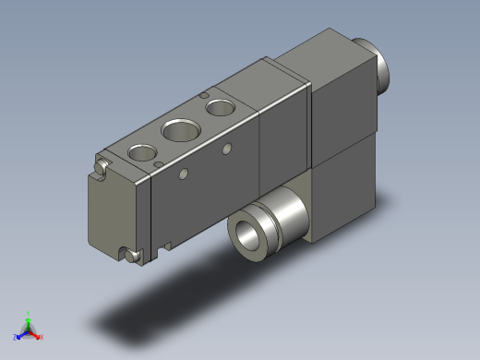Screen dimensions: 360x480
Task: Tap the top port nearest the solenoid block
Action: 221,107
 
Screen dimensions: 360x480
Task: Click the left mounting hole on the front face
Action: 183,173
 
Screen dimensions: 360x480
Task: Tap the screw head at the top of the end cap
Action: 102,167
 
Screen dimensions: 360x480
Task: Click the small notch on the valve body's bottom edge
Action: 167,244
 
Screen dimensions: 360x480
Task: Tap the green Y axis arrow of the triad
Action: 29,318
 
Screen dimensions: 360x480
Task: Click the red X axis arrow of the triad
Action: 36,334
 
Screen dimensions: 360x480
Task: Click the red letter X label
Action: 42,338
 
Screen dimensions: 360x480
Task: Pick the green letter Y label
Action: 29,313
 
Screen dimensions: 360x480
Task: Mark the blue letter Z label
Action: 15,338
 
